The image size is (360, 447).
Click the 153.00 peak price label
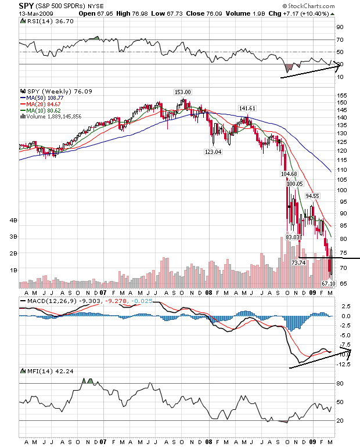[x=183, y=92]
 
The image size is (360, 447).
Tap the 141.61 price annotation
[x=247, y=108]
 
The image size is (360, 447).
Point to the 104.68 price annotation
[x=289, y=174]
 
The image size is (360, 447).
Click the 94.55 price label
[x=312, y=196]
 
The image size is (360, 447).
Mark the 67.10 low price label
[x=329, y=283]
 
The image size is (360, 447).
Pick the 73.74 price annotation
[x=298, y=262]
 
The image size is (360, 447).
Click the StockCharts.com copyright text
[x=316, y=6]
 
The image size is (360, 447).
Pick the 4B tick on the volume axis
[x=12, y=221]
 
